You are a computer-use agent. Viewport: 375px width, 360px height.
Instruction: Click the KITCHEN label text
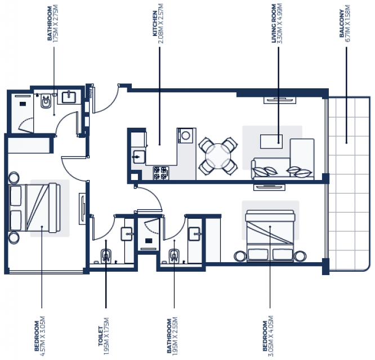tap(155, 24)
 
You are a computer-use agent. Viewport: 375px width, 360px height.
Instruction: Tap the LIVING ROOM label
tap(274, 24)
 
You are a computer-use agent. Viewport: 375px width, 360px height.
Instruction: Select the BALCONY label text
tap(342, 24)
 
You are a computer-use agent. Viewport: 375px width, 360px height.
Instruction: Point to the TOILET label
tap(101, 336)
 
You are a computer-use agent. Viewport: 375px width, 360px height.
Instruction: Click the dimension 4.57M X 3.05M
tap(42, 336)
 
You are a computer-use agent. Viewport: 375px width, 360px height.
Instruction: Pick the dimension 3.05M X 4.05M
tap(271, 336)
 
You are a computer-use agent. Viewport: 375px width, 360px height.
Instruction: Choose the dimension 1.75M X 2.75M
tap(56, 24)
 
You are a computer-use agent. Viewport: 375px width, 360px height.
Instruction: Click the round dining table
tap(218, 156)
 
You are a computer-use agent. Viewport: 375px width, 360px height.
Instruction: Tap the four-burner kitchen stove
tap(160, 173)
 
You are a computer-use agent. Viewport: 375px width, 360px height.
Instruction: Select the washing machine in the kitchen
tap(185, 136)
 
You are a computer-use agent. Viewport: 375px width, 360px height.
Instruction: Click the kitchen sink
tap(139, 157)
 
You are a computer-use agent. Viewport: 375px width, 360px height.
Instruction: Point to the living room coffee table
tap(271, 141)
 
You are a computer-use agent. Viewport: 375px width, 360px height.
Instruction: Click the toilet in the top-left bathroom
tap(46, 101)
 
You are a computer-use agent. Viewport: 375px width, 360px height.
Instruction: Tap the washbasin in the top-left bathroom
tap(69, 97)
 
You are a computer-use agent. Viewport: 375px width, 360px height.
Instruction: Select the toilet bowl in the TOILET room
tap(106, 255)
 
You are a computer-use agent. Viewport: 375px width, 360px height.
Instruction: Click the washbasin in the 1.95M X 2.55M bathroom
tap(195, 233)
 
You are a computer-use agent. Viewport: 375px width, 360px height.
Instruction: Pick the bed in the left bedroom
tap(35, 208)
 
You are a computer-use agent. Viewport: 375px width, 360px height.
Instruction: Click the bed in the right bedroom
tap(270, 236)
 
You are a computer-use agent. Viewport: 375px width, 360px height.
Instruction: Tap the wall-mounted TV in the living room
tap(280, 100)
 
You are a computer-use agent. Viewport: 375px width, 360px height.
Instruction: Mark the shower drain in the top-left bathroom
tap(23, 104)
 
